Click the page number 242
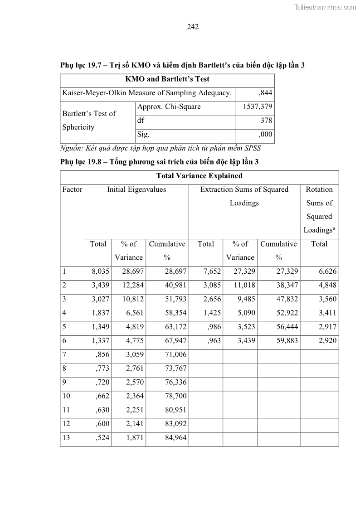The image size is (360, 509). tap(193, 27)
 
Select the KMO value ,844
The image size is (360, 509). tap(265, 93)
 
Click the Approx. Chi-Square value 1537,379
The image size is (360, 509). tap(255, 107)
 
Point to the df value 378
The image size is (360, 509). tap(266, 121)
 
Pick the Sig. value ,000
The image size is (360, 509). tap(265, 134)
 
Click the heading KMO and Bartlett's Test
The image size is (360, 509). tap(167, 79)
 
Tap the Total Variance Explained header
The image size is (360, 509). tap(199, 176)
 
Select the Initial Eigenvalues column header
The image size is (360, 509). tap(136, 189)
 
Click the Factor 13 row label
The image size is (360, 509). tap(67, 438)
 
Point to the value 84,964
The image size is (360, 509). tap(174, 438)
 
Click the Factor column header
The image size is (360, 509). tap(73, 189)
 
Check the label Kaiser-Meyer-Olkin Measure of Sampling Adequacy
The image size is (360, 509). tap(147, 93)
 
